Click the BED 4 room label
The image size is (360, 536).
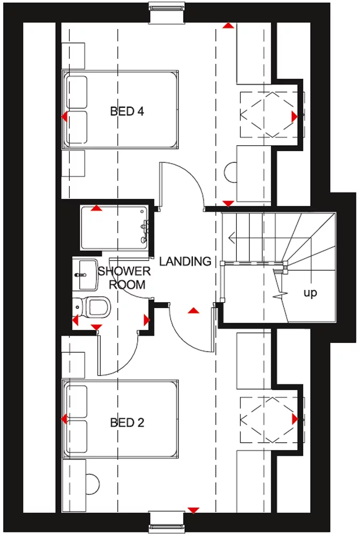tap(127, 111)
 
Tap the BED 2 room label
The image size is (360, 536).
tap(127, 422)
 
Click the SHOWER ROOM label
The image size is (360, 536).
tap(124, 278)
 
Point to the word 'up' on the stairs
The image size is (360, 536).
tap(310, 293)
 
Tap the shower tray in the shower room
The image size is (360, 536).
tap(114, 227)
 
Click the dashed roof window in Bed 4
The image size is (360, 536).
tap(266, 114)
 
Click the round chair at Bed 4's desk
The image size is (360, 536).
tap(231, 173)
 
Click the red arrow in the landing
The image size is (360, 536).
tap(193, 310)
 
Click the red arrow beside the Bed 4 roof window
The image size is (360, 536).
tap(294, 116)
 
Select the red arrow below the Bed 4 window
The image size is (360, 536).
tap(229, 25)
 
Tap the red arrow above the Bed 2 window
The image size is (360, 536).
tap(193, 510)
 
